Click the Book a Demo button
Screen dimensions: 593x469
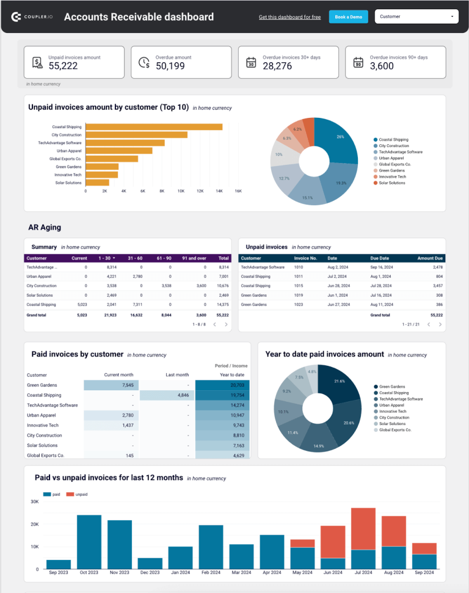[x=348, y=17]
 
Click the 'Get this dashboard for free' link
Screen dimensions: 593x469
[x=289, y=17]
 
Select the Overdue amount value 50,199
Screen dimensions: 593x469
[x=170, y=66]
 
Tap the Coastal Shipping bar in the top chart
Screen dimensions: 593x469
[x=154, y=127]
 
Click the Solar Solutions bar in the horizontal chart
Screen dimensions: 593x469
[x=98, y=182]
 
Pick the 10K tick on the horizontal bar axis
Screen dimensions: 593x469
[x=181, y=191]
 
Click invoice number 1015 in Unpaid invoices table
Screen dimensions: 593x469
[x=299, y=286]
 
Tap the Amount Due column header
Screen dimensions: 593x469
[x=430, y=258]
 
